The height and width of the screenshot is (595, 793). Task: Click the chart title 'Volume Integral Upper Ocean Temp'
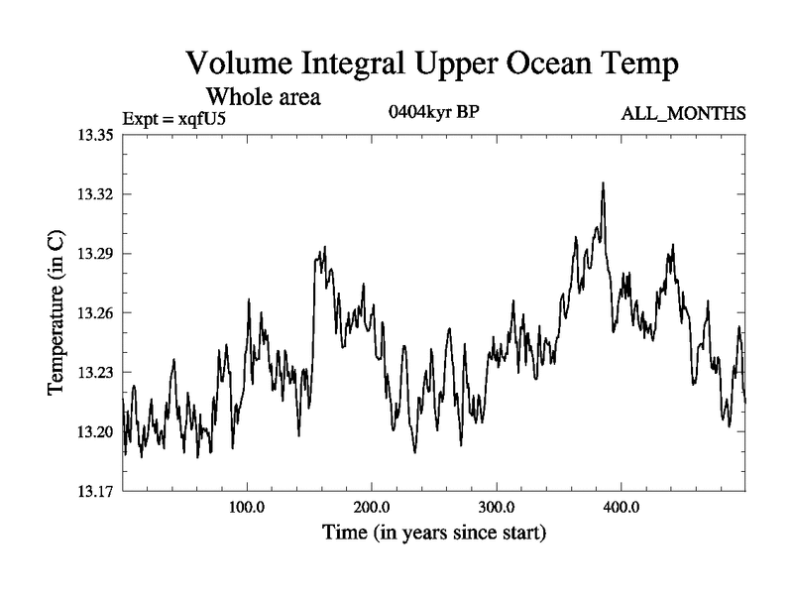pos(432,65)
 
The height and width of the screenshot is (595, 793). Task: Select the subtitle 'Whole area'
pos(263,98)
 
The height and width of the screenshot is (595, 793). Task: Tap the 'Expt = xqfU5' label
pos(179,119)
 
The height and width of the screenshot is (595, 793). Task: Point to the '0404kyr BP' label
pos(433,112)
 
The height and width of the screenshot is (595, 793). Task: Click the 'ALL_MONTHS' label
pos(683,114)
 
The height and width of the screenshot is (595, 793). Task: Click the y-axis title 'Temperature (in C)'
pos(57,313)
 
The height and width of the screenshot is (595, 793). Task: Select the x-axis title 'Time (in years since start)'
pos(434,533)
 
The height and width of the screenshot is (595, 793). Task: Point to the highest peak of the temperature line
pos(603,183)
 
